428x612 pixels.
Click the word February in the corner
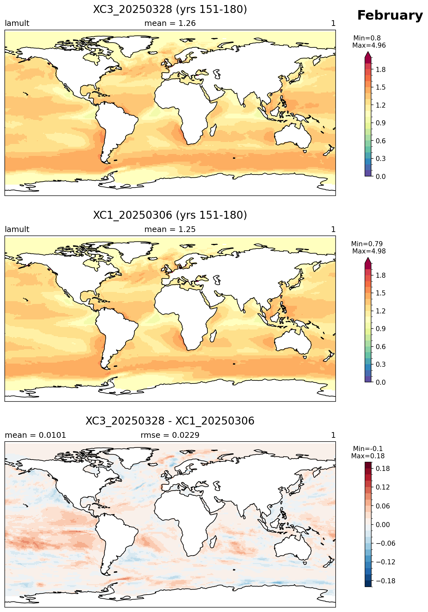tap(390, 15)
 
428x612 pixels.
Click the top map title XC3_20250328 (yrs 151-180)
tap(170, 9)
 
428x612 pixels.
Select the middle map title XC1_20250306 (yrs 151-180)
tap(170, 215)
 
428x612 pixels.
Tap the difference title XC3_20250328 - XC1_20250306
tap(170, 421)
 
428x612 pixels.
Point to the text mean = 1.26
tap(170, 23)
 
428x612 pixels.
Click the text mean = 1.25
tap(170, 229)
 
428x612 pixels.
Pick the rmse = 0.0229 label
tap(170, 435)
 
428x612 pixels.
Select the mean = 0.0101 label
tap(35, 435)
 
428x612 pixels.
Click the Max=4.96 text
tap(369, 45)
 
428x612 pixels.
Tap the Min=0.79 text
tap(367, 244)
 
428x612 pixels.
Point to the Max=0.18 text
tap(368, 456)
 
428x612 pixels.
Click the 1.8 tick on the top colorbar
tap(381, 69)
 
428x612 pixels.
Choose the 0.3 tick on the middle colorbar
tap(381, 365)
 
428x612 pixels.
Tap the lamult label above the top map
tap(17, 23)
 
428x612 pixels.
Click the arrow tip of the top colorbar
tap(368, 52)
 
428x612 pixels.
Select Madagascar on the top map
tap(213, 130)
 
